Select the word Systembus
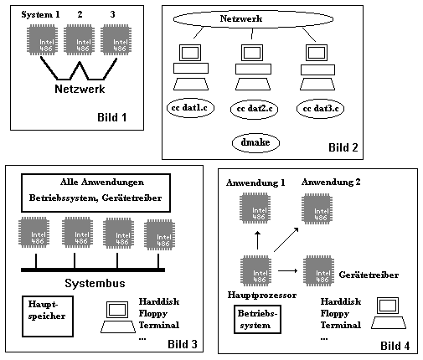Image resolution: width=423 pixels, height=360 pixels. pyautogui.click(x=95, y=283)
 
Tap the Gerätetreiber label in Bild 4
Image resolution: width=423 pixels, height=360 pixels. pyautogui.click(x=369, y=275)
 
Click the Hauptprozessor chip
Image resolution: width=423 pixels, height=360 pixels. pyautogui.click(x=255, y=270)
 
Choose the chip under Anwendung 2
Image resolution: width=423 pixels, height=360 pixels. pyautogui.click(x=317, y=209)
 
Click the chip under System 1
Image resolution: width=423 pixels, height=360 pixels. pyautogui.click(x=43, y=40)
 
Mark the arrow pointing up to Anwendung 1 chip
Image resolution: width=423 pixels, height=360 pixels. pyautogui.click(x=258, y=240)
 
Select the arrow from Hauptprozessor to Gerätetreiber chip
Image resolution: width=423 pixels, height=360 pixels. pyautogui.click(x=288, y=270)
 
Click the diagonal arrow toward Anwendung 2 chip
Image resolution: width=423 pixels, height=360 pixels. pyautogui.click(x=286, y=239)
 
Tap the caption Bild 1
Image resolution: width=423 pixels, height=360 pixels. pyautogui.click(x=111, y=117)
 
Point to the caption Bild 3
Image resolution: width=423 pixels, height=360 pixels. pyautogui.click(x=183, y=344)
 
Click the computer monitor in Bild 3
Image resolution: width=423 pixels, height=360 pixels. pyautogui.click(x=118, y=310)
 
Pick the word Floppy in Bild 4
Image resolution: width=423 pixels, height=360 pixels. pyautogui.click(x=335, y=314)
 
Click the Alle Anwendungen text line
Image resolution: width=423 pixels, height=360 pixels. pyautogui.click(x=102, y=183)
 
